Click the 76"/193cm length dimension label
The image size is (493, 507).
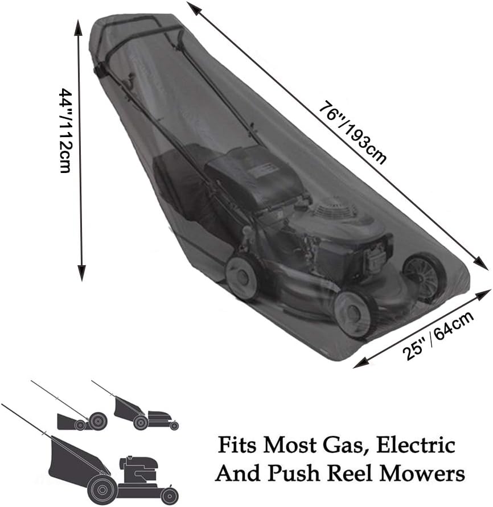coord(352,133)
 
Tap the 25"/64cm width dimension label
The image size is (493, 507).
coord(438,336)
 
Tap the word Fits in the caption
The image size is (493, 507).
coord(237,445)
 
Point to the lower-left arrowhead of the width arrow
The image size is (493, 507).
coord(359,364)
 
